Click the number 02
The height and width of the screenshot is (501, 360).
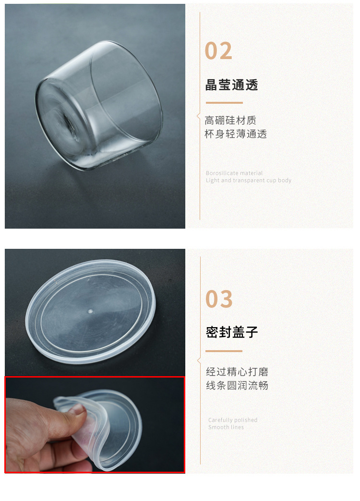[x=218, y=51]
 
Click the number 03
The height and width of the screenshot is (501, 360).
[x=219, y=299]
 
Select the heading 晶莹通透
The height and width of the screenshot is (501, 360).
[x=231, y=85]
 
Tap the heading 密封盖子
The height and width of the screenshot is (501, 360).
[x=232, y=332]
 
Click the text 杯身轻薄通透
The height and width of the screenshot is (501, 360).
[x=236, y=134]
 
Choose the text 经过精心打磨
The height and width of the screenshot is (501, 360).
[x=237, y=371]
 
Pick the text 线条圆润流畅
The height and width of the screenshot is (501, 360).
[x=237, y=385]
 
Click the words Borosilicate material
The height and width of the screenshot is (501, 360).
[x=234, y=173]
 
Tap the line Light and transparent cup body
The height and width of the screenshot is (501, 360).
[x=248, y=181]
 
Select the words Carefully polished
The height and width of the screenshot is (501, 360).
[x=233, y=420]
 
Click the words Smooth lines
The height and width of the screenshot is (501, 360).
[x=226, y=427]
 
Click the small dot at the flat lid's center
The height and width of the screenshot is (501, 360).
[x=90, y=311]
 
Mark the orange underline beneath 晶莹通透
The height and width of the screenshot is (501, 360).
[x=224, y=103]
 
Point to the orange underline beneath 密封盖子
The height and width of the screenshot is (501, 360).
[x=224, y=351]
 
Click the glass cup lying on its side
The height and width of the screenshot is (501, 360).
[x=98, y=106]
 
